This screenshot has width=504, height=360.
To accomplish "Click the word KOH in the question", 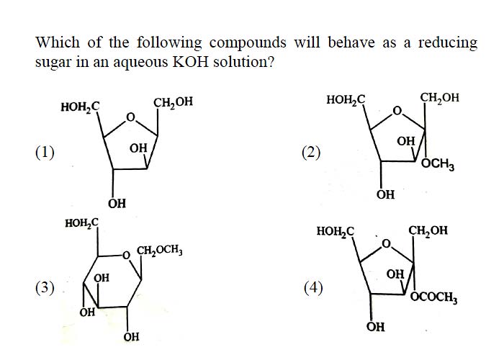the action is tap(191, 61).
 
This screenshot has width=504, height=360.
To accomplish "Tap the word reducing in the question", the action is tap(448, 43).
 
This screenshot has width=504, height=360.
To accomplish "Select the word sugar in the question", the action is tap(53, 63).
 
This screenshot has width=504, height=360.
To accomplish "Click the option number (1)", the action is tap(45, 153).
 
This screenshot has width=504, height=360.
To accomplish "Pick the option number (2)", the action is tap(311, 153).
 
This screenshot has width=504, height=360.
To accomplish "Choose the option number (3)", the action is tap(45, 288).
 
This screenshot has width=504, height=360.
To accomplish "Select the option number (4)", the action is tap(313, 288).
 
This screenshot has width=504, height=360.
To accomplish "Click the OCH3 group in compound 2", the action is tap(438, 165).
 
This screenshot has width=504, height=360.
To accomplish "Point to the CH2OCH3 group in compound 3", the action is tap(160, 250).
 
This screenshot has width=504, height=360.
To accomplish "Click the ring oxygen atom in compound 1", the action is tap(130, 117).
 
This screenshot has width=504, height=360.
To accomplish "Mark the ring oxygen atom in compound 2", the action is tap(397, 111).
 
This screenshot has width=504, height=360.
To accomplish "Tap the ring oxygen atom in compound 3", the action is tap(126, 256).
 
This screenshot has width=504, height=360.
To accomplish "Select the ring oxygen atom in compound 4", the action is tap(387, 244).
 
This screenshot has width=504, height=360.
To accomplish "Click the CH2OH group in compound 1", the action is tap(174, 102).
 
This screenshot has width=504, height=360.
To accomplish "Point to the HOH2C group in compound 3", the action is tap(81, 222).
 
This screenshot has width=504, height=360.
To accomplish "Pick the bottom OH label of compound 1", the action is tap(117, 203).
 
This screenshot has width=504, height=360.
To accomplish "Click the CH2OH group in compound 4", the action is tap(428, 230).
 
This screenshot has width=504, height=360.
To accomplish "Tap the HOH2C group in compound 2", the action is tap(346, 99).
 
